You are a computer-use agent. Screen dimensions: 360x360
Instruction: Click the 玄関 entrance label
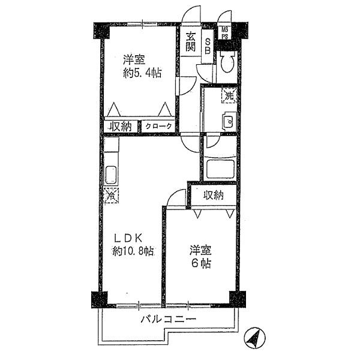tap(190, 42)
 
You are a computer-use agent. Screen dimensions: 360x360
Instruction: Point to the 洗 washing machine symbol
tap(229, 95)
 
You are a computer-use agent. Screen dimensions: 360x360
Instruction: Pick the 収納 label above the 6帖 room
tap(213, 194)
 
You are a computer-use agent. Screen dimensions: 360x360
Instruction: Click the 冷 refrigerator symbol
tap(111, 195)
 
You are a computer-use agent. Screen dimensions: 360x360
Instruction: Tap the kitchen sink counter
tap(111, 175)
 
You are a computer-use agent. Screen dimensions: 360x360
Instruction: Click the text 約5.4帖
tap(142, 74)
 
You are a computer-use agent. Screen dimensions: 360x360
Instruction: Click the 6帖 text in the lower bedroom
tap(200, 264)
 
